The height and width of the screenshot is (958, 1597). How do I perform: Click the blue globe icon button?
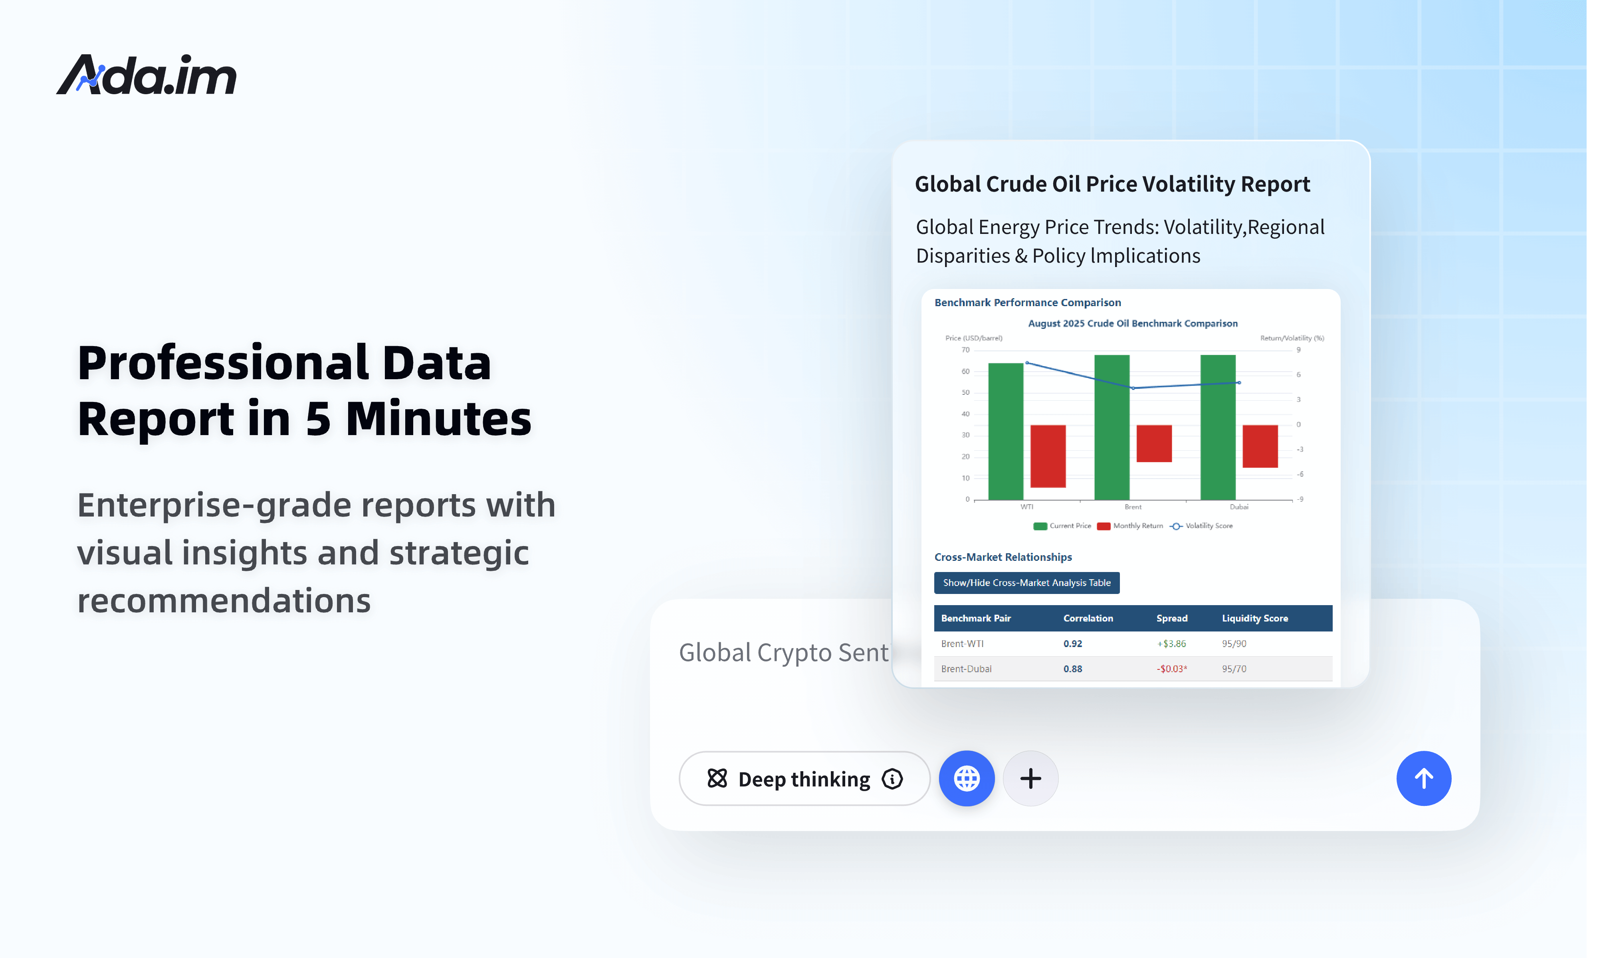pos(966,778)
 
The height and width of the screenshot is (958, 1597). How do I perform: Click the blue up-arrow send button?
pos(1423,778)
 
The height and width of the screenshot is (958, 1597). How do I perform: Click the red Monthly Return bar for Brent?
pos(1153,443)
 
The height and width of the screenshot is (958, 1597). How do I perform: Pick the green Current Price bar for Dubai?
pos(1217,428)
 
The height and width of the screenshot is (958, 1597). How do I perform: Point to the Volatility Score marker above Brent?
pos(1133,388)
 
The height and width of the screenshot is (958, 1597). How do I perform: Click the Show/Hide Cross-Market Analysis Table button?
pos(1026,583)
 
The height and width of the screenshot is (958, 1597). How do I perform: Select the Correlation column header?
pos(1088,618)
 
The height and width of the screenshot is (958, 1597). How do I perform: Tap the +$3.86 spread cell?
pos(1171,643)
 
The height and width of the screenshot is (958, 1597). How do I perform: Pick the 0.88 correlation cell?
pos(1072,669)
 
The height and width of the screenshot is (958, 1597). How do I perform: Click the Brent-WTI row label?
pos(962,643)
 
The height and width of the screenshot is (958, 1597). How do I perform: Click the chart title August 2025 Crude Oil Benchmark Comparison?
pos(1132,323)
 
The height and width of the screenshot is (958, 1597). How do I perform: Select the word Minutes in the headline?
pos(438,419)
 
